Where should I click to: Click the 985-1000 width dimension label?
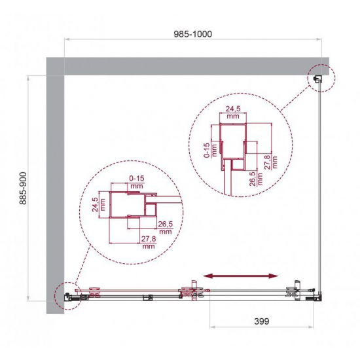point(192,34)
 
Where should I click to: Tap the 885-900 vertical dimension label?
point(23,189)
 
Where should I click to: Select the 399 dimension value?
point(262,321)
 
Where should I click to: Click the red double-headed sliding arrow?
point(241,276)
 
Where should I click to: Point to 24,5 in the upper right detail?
point(233,109)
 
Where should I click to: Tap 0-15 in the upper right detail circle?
point(207,150)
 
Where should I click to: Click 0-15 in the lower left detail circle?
point(137,178)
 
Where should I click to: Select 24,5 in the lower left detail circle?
point(95,205)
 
